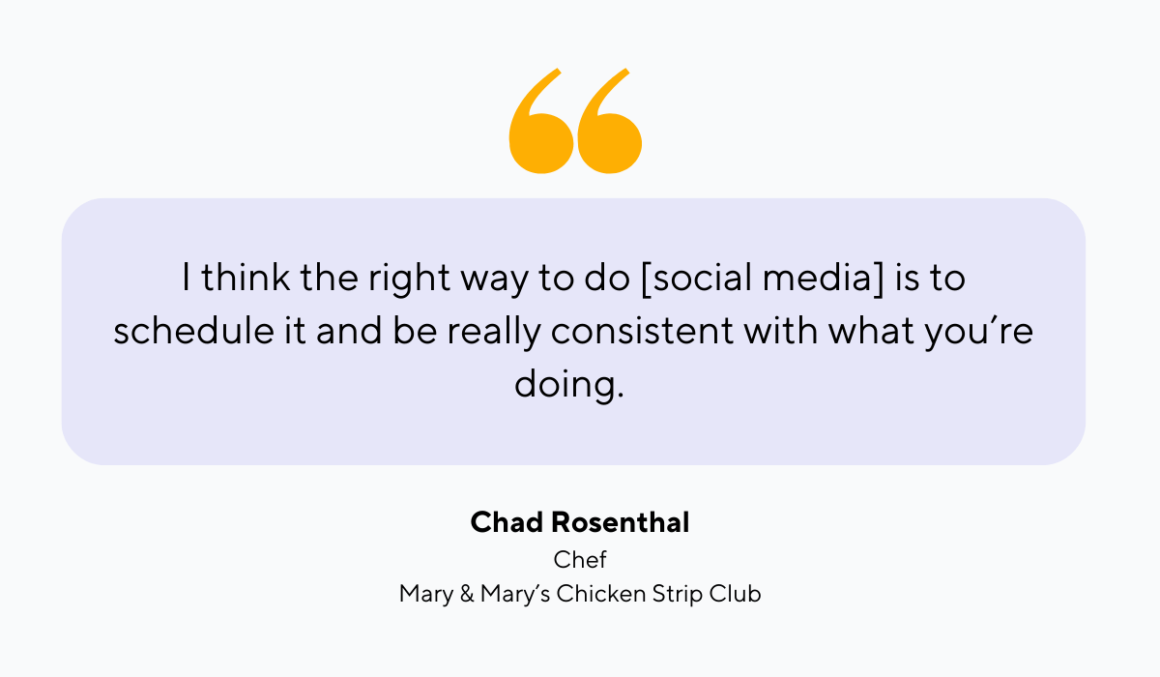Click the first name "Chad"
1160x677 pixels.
pyautogui.click(x=507, y=523)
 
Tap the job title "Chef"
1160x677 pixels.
pyautogui.click(x=580, y=559)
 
